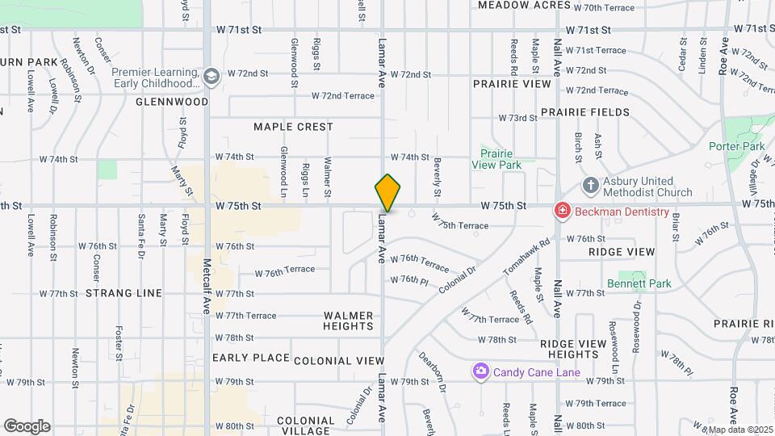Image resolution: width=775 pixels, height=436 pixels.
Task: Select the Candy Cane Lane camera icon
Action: (481, 371)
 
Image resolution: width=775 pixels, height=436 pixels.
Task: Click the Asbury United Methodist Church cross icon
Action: (590, 185)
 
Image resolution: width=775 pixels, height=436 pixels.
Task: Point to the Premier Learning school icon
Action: (212, 77)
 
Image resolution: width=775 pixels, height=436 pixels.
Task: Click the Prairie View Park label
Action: (496, 158)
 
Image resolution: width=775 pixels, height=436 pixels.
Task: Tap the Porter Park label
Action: (736, 147)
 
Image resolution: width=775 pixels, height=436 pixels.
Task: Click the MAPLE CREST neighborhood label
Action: (293, 127)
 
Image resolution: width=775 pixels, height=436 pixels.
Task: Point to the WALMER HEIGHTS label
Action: (349, 321)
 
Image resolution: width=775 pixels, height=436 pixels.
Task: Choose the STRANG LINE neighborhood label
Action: (124, 293)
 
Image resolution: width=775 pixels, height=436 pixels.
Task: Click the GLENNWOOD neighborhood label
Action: (172, 102)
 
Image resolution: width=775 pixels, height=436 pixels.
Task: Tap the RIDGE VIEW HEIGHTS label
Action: (572, 349)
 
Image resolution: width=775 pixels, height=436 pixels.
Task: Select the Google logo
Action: (27, 426)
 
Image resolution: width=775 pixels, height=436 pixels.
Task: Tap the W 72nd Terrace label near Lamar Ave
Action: (343, 96)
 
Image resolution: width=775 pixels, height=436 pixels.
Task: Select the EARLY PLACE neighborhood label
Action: (251, 358)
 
